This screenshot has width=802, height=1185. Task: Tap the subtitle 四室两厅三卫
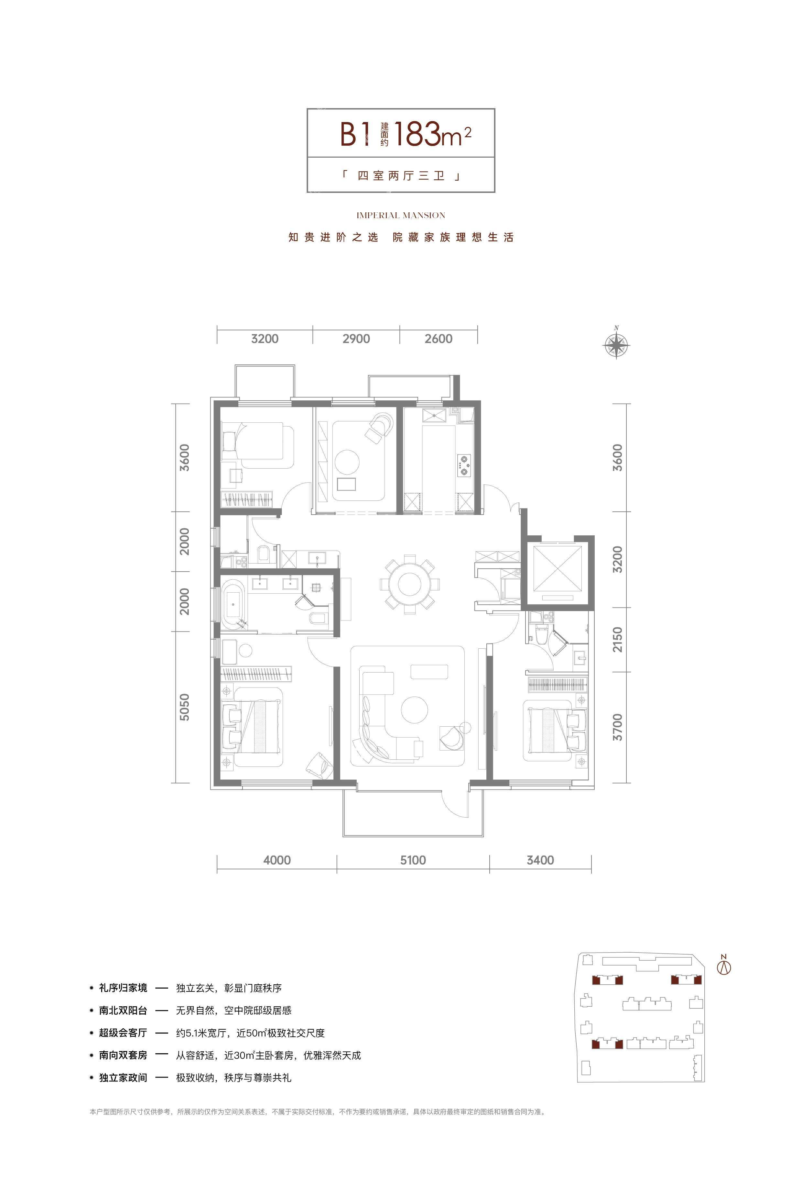(401, 176)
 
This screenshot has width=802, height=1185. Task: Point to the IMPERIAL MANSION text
(401, 215)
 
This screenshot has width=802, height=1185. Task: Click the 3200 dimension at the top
(265, 339)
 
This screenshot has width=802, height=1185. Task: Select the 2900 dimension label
(356, 339)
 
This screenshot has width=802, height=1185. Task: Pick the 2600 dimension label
(438, 339)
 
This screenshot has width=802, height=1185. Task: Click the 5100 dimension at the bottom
(413, 860)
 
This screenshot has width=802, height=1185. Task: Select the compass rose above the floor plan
(616, 345)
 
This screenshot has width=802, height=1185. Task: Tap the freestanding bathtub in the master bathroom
(232, 604)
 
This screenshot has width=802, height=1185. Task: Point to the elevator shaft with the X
(555, 571)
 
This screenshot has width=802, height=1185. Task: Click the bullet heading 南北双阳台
(123, 1010)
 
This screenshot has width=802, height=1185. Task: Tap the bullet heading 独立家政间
(123, 1078)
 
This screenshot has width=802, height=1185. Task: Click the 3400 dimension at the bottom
(540, 860)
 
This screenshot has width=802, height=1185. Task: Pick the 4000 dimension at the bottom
(277, 860)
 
